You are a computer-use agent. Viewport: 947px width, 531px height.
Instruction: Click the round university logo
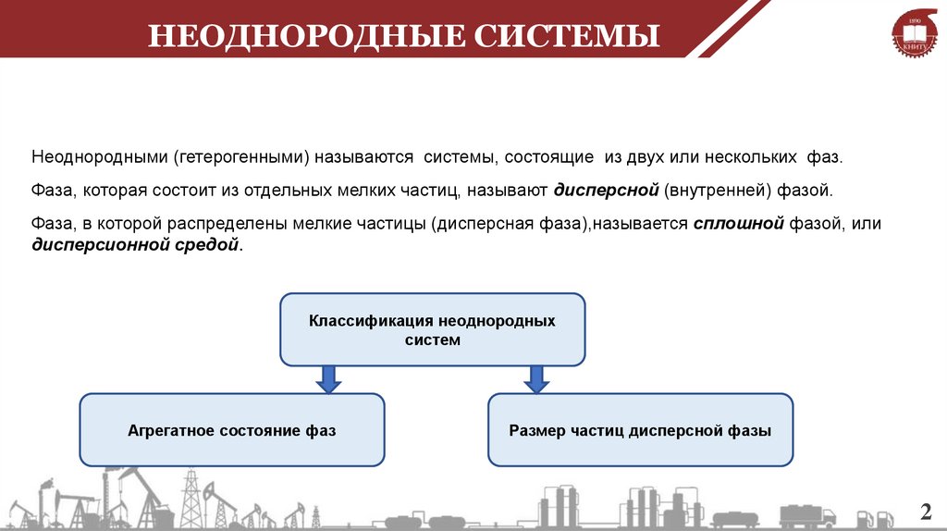(914, 38)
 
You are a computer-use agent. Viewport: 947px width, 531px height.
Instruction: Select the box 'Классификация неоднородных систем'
(432, 330)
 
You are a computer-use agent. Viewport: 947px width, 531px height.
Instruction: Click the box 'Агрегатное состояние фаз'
(231, 430)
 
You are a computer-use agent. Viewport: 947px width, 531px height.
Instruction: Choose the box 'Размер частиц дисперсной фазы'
(640, 430)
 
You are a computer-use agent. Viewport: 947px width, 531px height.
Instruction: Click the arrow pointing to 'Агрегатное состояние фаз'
(326, 378)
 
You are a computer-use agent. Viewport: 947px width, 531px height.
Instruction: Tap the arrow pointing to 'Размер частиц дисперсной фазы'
(535, 378)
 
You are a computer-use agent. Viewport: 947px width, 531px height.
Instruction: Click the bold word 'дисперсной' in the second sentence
(606, 191)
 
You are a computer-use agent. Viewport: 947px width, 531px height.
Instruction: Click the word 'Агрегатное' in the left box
(170, 430)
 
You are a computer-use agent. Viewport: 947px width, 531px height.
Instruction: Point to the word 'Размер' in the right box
(536, 430)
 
